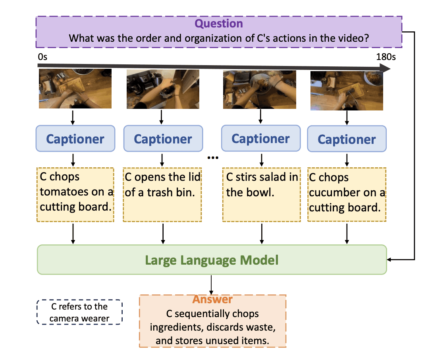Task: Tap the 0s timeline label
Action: coord(42,57)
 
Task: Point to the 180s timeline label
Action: coord(386,57)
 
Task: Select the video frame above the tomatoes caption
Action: coord(75,89)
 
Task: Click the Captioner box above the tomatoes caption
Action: coord(75,139)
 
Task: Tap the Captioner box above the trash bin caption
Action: coord(163,139)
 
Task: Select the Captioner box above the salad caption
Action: coord(260,138)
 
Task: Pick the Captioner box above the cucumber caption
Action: coord(347,139)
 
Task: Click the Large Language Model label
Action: coord(212,260)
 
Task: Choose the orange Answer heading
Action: coord(212,300)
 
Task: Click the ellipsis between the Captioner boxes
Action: coord(213,158)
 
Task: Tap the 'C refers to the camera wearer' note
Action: coord(79,312)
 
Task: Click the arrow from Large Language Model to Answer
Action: coord(212,285)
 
